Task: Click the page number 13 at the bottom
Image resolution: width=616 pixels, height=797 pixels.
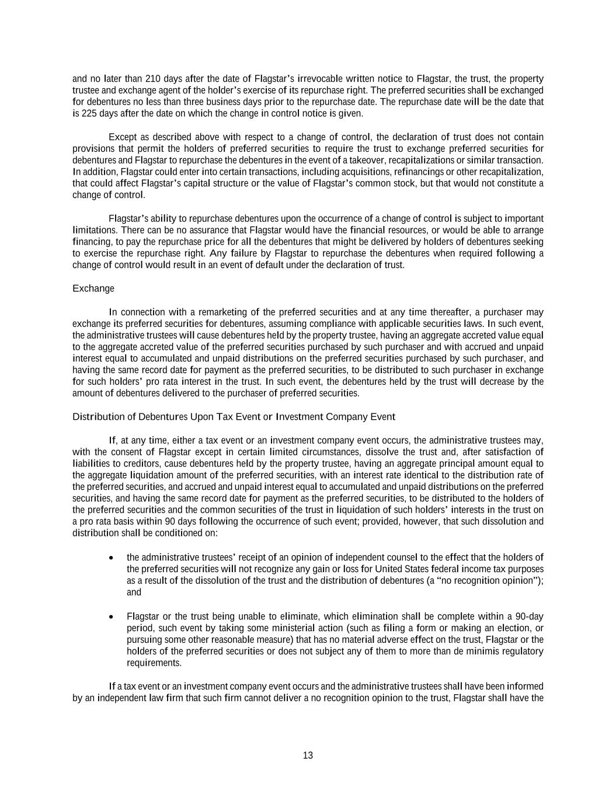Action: pyautogui.click(x=308, y=756)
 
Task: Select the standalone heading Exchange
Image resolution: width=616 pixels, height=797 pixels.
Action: pyautogui.click(x=93, y=288)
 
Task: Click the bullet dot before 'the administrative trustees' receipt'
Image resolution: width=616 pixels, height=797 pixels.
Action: pyautogui.click(x=112, y=558)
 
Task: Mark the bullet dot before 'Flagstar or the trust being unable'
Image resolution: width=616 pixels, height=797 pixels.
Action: pyautogui.click(x=112, y=617)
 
